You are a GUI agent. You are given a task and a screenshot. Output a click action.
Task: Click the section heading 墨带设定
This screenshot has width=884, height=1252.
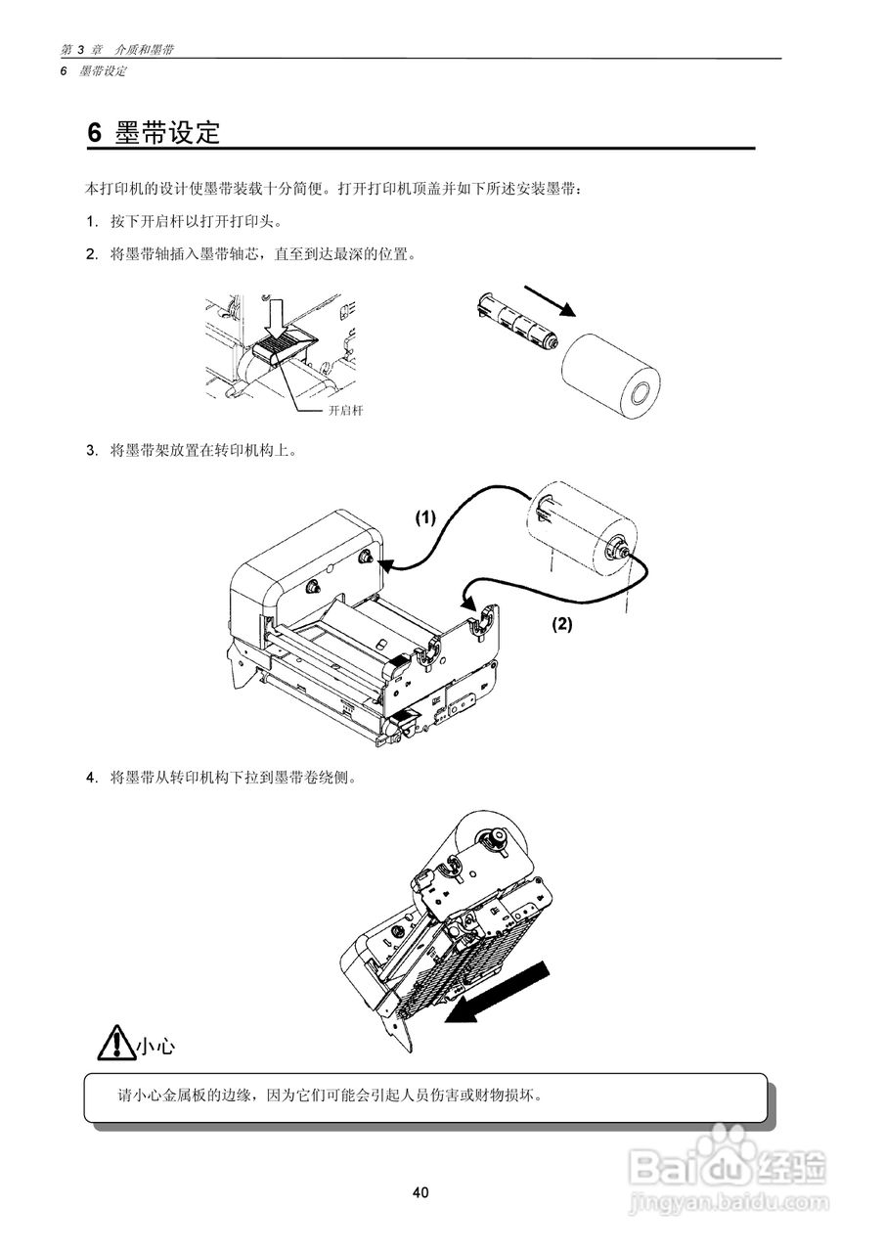click(166, 133)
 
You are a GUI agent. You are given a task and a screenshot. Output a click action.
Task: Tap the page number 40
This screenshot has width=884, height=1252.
click(420, 1192)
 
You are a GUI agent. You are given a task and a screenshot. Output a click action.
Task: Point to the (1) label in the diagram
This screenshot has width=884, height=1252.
click(424, 518)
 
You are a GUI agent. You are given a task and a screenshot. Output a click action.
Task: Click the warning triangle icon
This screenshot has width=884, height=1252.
click(115, 1043)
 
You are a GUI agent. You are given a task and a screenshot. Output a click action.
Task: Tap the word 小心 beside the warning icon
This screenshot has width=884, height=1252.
click(155, 1047)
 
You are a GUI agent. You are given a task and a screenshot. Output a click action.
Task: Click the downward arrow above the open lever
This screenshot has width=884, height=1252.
click(277, 314)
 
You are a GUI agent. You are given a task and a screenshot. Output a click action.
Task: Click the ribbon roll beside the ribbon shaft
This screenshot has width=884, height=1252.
click(611, 375)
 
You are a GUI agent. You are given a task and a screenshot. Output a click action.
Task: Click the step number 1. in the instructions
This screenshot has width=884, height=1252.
click(93, 221)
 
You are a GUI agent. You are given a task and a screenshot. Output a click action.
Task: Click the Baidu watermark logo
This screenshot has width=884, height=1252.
click(728, 1163)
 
